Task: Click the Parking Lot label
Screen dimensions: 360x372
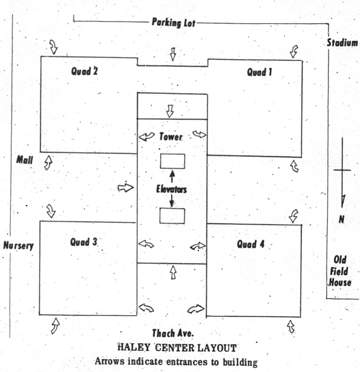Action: point(174,23)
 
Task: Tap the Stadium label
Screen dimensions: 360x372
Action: point(342,43)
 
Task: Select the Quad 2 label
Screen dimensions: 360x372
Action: point(84,71)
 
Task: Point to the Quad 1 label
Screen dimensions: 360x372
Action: point(259,72)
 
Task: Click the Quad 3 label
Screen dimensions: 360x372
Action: point(84,242)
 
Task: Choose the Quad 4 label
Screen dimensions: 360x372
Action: point(251,244)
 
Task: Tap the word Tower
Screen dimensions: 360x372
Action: point(171,137)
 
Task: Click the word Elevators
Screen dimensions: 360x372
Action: point(171,189)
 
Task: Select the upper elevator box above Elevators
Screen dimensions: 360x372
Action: point(172,161)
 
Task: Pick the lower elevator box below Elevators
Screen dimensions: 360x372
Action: point(172,216)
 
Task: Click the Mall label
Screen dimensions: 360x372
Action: point(25,160)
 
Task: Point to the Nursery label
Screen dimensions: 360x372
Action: point(18,246)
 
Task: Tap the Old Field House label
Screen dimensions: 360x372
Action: point(340,271)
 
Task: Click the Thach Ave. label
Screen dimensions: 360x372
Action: point(173,333)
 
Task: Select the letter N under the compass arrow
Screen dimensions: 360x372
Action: point(342,219)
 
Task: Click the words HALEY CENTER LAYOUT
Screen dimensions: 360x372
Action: point(177,348)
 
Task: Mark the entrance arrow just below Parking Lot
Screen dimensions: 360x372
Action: point(173,54)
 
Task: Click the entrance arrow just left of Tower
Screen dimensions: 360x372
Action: point(147,136)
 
